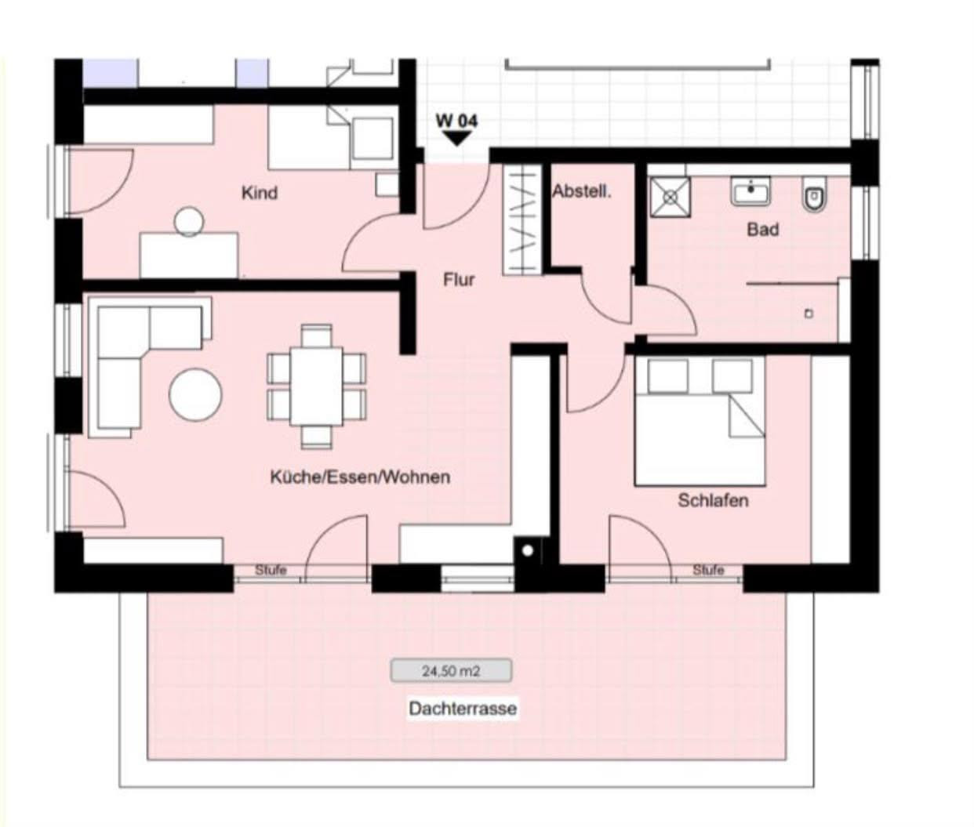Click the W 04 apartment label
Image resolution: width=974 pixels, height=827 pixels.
tap(456, 121)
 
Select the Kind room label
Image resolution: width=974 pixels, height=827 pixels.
tap(259, 193)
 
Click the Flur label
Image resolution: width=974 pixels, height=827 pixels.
tap(459, 280)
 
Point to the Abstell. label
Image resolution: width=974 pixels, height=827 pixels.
tap(581, 191)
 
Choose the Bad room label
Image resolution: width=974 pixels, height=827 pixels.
tap(762, 230)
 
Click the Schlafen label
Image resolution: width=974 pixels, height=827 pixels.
tap(713, 501)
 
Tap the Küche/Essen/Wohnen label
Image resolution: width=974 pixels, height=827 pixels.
tap(360, 477)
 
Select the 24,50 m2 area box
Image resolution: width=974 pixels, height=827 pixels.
tap(451, 671)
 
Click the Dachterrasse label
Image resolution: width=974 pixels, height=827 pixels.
tap(463, 709)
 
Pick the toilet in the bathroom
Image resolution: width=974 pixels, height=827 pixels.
tap(814, 194)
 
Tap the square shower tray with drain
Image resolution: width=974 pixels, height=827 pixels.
tap(670, 197)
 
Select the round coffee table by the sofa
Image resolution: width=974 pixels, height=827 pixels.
tap(195, 394)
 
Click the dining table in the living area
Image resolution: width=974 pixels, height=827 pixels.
tap(316, 386)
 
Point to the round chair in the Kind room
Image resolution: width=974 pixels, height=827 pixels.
tap(189, 221)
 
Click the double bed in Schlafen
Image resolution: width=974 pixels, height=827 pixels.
tap(700, 421)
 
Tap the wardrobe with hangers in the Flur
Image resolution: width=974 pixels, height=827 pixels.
tap(522, 220)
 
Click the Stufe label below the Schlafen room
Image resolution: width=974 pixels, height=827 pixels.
tap(708, 571)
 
